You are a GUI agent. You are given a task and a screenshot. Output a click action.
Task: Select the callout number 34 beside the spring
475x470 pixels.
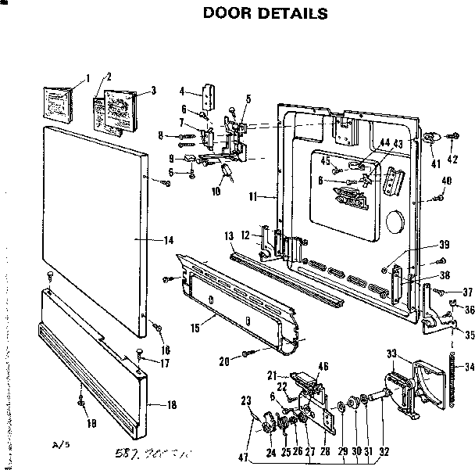pyautogui.click(x=469, y=368)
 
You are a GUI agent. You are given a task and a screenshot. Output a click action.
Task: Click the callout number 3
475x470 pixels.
pyautogui.click(x=153, y=91)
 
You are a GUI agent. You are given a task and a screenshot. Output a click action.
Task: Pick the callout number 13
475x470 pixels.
pyautogui.click(x=230, y=237)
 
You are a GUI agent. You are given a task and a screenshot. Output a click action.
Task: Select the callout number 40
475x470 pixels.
pyautogui.click(x=447, y=181)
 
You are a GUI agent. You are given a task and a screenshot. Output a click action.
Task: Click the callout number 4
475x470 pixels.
pyautogui.click(x=181, y=91)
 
